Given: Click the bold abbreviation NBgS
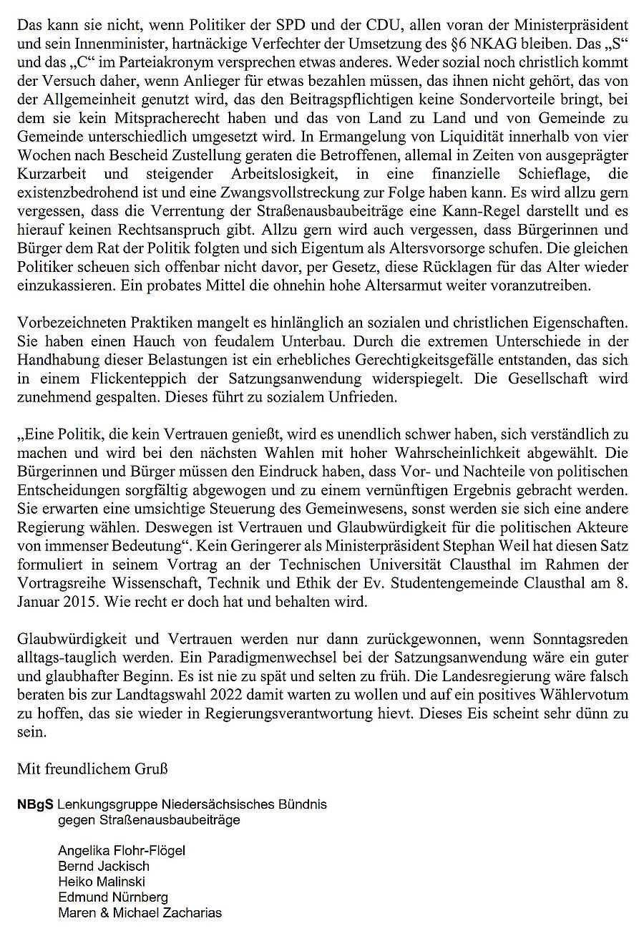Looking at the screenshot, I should [34, 804].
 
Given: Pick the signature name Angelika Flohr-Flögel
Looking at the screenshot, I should [122, 850].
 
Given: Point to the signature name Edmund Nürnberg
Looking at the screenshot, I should [113, 897].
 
